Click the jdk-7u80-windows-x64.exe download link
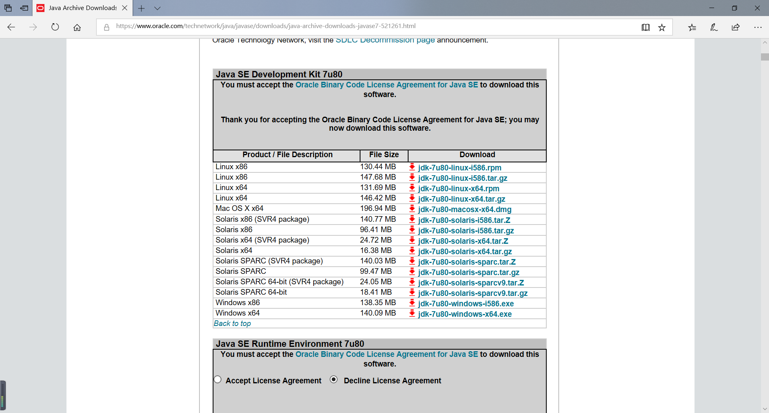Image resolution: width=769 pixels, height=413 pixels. pyautogui.click(x=465, y=314)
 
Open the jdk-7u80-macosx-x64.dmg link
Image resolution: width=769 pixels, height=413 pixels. pyautogui.click(x=465, y=210)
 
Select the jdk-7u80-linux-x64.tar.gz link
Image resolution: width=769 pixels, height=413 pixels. pyautogui.click(x=461, y=199)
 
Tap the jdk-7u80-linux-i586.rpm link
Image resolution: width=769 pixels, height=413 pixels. pyautogui.click(x=459, y=168)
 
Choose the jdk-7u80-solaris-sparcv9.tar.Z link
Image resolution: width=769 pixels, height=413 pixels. pyautogui.click(x=471, y=283)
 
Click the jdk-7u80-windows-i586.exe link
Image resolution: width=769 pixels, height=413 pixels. pyautogui.click(x=466, y=304)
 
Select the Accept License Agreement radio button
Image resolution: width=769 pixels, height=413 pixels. pyautogui.click(x=217, y=379)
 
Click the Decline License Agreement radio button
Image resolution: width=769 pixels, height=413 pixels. pyautogui.click(x=334, y=379)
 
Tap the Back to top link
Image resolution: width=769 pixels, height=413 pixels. pyautogui.click(x=232, y=324)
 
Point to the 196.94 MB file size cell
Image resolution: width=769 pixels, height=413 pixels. pyautogui.click(x=378, y=209)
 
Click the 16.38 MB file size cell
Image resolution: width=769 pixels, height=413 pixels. pyautogui.click(x=376, y=251)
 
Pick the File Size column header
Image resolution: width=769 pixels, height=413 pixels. pyautogui.click(x=384, y=155)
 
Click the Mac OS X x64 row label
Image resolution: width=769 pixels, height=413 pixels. pyautogui.click(x=240, y=209)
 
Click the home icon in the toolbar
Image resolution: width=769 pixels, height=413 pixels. pyautogui.click(x=77, y=27)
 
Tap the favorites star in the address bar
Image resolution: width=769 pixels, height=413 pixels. pyautogui.click(x=662, y=27)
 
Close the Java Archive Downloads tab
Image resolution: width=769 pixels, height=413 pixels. pyautogui.click(x=125, y=8)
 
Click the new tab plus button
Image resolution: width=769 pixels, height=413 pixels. pyautogui.click(x=141, y=8)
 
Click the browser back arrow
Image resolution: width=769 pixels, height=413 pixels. pyautogui.click(x=11, y=27)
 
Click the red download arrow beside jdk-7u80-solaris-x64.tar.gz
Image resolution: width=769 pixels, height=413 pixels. pyautogui.click(x=412, y=251)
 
